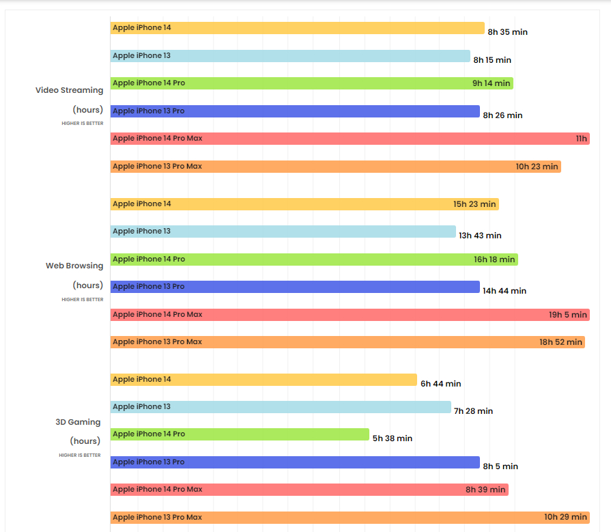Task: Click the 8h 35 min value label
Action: coord(507,32)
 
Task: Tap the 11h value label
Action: coord(581,139)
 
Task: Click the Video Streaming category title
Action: coord(70,90)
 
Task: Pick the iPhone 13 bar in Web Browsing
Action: coord(283,232)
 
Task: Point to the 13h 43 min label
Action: coord(480,236)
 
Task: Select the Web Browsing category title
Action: coord(74,266)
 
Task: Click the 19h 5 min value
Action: coord(568,315)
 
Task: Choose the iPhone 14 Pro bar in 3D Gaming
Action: coord(239,434)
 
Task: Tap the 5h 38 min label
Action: coord(393,438)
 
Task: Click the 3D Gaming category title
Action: coord(78,422)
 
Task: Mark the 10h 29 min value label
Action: coord(565,517)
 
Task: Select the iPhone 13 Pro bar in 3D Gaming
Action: coord(295,462)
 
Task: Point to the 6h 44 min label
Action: coord(440,384)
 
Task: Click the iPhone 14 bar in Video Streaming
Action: coord(297,28)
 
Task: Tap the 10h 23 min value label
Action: coord(537,167)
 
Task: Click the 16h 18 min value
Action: coord(494,260)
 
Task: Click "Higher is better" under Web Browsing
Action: coord(83,299)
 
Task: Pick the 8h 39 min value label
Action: coord(485,490)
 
